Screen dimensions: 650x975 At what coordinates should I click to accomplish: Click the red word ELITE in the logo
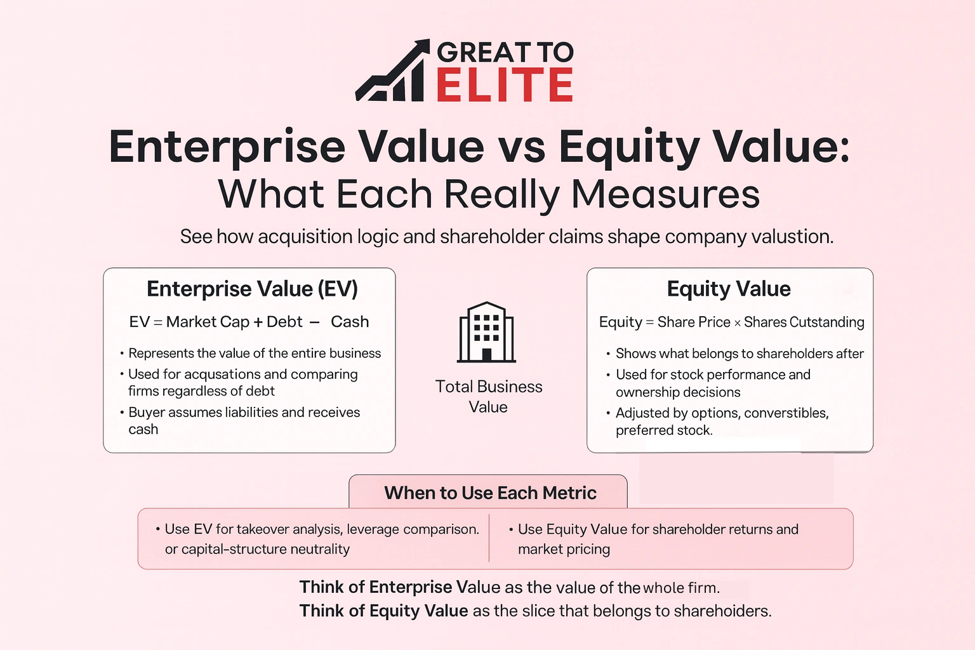[x=505, y=86]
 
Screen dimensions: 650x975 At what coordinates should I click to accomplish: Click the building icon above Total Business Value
[x=487, y=332]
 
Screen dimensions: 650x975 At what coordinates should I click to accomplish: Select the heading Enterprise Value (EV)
[x=252, y=289]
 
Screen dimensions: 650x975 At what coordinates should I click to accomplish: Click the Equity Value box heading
[x=729, y=289]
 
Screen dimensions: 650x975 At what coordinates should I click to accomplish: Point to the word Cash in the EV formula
[x=350, y=322]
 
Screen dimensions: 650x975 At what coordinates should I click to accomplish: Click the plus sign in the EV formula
[x=258, y=322]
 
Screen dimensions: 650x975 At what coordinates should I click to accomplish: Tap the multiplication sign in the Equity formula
[x=737, y=323]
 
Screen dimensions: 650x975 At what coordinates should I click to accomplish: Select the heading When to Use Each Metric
[x=490, y=493]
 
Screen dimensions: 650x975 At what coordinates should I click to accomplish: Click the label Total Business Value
[x=488, y=396]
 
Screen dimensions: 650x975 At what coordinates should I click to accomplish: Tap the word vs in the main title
[x=521, y=147]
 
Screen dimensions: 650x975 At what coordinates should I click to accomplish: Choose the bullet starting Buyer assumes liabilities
[x=244, y=420]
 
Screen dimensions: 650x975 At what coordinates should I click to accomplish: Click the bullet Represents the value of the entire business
[x=255, y=353]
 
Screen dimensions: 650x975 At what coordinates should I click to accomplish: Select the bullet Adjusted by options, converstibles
[x=722, y=421]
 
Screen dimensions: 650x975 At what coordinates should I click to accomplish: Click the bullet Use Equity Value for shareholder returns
[x=658, y=538]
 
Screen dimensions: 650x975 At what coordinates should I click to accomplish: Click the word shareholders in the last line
[x=722, y=611]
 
